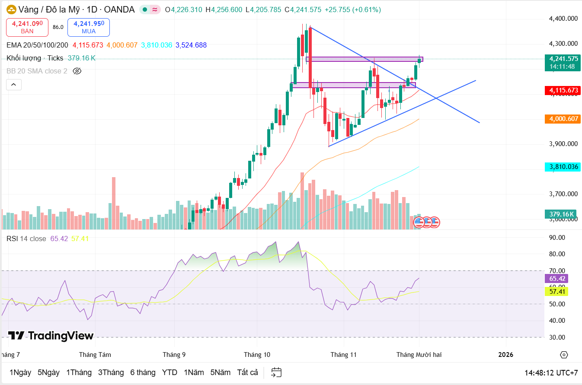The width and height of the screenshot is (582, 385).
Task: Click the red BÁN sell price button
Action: [x=27, y=27]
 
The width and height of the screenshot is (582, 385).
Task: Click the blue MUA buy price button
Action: [x=88, y=27]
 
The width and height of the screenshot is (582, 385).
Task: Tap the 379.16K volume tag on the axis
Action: [x=561, y=214]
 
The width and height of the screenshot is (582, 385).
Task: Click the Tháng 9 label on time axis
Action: [x=174, y=355]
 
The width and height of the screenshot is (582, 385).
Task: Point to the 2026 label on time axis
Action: [x=505, y=355]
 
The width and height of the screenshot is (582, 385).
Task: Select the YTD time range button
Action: [x=169, y=372]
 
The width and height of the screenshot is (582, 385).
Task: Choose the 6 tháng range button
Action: [x=143, y=372]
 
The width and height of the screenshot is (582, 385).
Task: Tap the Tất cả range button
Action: [x=247, y=372]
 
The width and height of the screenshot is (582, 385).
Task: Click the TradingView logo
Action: [x=51, y=336]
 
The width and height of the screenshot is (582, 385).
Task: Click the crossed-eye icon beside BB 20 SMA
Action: [x=77, y=71]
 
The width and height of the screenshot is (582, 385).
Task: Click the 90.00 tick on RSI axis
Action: [x=557, y=238]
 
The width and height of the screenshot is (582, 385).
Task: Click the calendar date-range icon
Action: [x=276, y=372]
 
